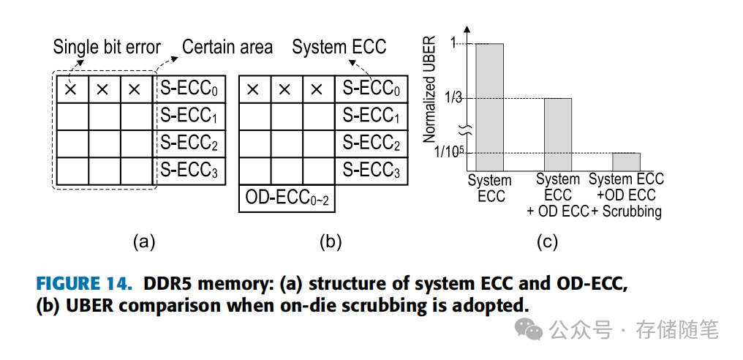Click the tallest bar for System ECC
(x=489, y=106)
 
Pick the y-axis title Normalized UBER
(x=430, y=89)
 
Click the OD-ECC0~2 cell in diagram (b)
(x=287, y=198)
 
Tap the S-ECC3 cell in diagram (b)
(x=371, y=170)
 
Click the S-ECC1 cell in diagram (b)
(x=371, y=116)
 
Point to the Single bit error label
(x=107, y=48)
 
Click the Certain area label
(x=227, y=48)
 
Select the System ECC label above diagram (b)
(x=339, y=48)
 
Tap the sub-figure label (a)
(x=143, y=242)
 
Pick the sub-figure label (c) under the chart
(x=546, y=242)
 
